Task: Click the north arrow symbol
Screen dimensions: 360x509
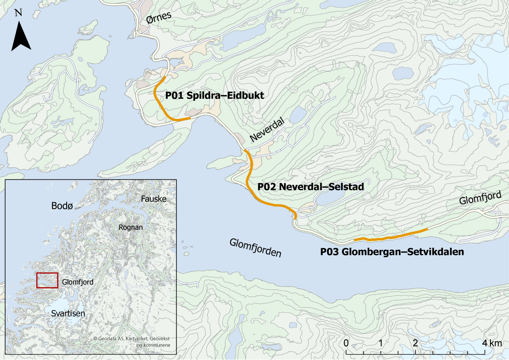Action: click(x=21, y=36)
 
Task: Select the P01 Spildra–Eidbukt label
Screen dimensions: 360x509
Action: click(x=214, y=96)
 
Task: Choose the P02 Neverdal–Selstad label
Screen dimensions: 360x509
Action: click(x=311, y=186)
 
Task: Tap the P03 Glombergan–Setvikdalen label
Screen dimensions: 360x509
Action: click(x=392, y=252)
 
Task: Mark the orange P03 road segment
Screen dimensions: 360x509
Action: click(x=390, y=237)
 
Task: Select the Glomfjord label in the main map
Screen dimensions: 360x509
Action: click(x=481, y=198)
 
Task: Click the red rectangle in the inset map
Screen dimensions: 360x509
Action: click(x=47, y=280)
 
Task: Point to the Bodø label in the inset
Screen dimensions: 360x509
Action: click(x=62, y=206)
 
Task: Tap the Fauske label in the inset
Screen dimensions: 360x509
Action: click(x=153, y=198)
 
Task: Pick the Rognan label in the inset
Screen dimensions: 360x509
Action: click(x=130, y=227)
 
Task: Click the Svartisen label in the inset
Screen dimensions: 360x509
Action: click(x=68, y=313)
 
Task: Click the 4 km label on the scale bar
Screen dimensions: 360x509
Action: click(x=493, y=343)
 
